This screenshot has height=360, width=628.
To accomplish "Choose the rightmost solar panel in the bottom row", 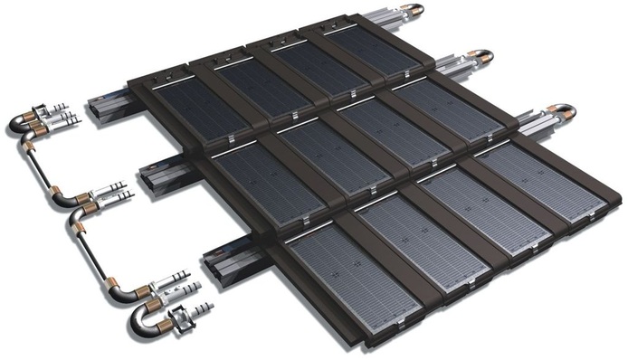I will [x=533, y=181].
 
